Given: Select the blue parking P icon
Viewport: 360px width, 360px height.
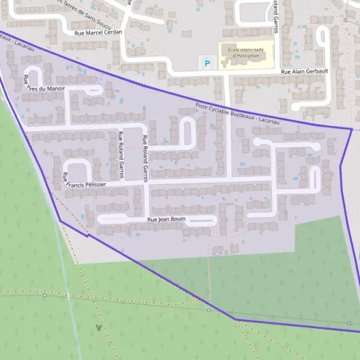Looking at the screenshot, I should [x=208, y=62].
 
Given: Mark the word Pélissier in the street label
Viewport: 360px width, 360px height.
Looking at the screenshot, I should [x=97, y=185].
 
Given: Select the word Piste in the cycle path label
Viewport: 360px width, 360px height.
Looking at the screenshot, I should [x=202, y=107].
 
